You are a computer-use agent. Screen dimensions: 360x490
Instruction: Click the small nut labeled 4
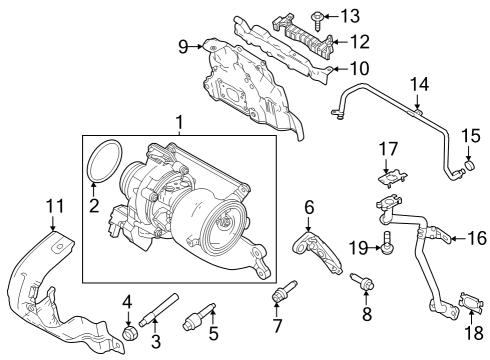click(x=128, y=332)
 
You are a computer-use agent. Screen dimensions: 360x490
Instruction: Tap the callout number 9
click(x=183, y=45)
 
